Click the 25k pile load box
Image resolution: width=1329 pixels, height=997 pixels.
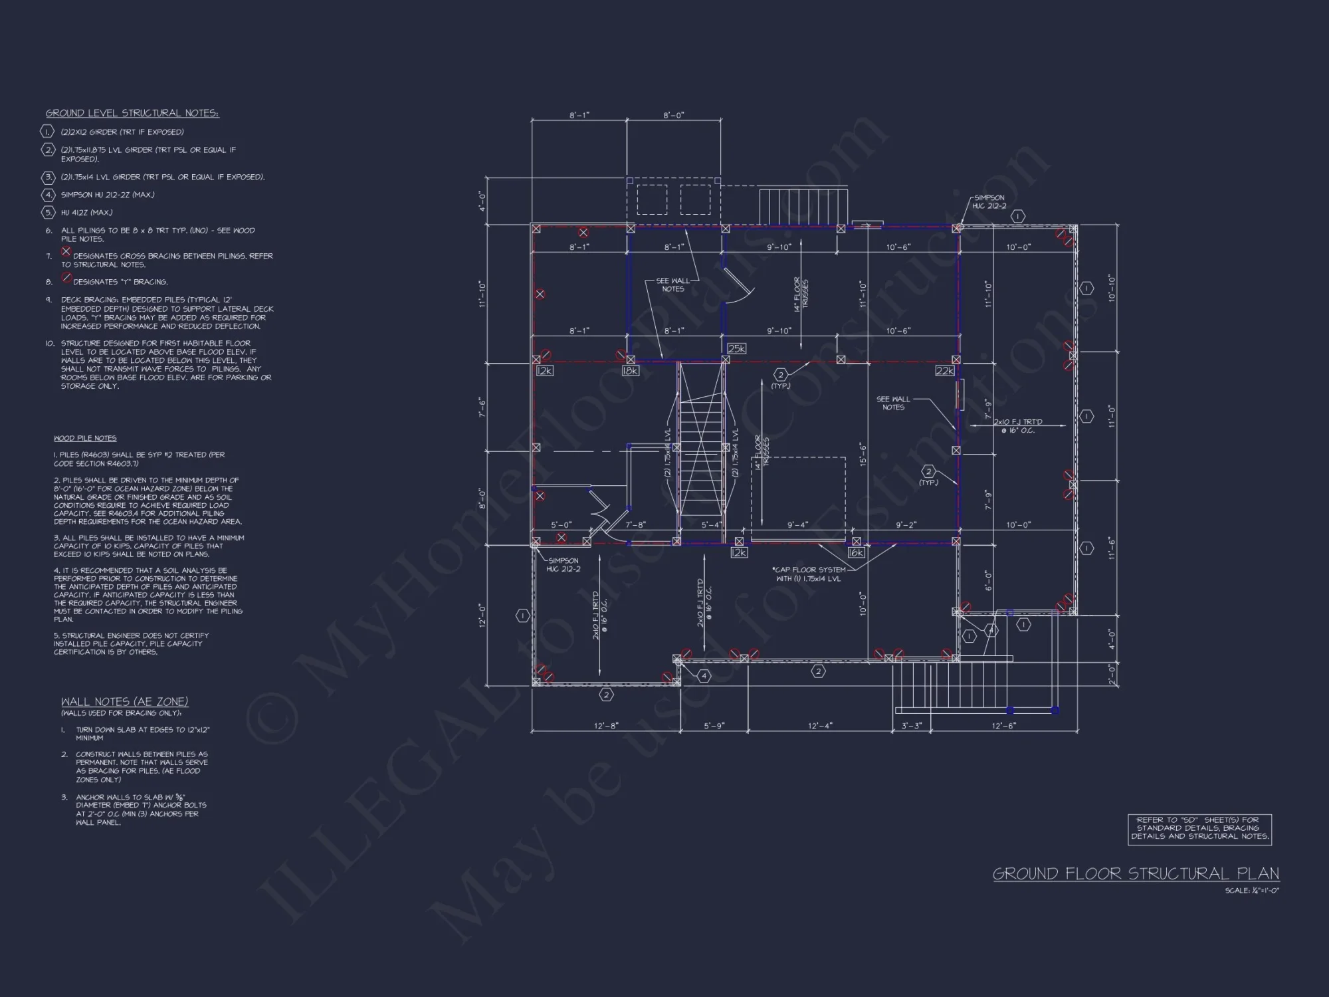(x=736, y=348)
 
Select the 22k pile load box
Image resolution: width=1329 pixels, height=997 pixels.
(x=944, y=371)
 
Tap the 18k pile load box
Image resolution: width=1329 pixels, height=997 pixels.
(x=630, y=371)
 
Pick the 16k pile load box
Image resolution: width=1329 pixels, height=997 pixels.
(x=856, y=552)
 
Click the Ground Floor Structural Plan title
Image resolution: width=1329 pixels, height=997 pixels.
(x=1136, y=873)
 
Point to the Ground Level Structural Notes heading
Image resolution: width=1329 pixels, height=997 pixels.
(x=132, y=113)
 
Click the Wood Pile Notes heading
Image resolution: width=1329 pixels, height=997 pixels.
(x=85, y=439)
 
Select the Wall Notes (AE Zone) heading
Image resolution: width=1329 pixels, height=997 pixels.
(x=124, y=702)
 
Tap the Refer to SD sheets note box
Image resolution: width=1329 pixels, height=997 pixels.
(x=1199, y=829)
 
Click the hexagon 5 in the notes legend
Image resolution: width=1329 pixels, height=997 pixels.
(x=48, y=213)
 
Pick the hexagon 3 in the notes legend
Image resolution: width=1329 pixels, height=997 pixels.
(x=48, y=177)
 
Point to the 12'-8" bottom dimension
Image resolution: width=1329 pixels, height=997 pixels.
(x=606, y=726)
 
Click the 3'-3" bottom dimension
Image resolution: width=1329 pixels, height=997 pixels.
(x=911, y=726)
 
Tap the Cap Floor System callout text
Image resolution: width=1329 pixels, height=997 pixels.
(x=809, y=574)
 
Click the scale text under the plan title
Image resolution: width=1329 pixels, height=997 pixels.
(x=1252, y=891)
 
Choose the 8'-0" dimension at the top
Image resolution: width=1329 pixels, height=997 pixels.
(x=673, y=116)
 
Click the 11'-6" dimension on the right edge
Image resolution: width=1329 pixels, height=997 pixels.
(x=1110, y=548)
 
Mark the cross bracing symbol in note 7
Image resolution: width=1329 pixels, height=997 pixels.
(x=66, y=251)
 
